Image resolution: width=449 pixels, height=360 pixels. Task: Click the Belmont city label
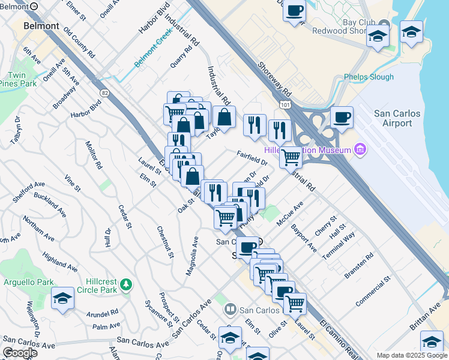(41, 26)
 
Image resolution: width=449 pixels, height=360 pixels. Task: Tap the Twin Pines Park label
(17, 80)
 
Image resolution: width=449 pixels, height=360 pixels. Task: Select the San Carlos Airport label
(393, 118)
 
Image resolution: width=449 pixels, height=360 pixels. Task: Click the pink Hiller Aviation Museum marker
(360, 148)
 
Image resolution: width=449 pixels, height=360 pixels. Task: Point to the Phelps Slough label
(369, 77)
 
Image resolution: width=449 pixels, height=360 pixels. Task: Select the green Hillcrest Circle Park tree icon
(126, 283)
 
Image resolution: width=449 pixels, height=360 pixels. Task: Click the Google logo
(20, 353)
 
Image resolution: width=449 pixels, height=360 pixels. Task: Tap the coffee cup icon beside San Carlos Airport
(342, 117)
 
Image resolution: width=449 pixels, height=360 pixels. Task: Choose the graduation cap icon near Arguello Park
(62, 298)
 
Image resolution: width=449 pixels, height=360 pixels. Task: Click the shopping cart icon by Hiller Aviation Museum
(291, 157)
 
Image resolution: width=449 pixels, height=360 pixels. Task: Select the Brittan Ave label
(426, 316)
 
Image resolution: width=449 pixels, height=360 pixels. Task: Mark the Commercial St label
(373, 292)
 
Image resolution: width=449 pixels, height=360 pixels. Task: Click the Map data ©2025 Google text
(412, 355)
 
